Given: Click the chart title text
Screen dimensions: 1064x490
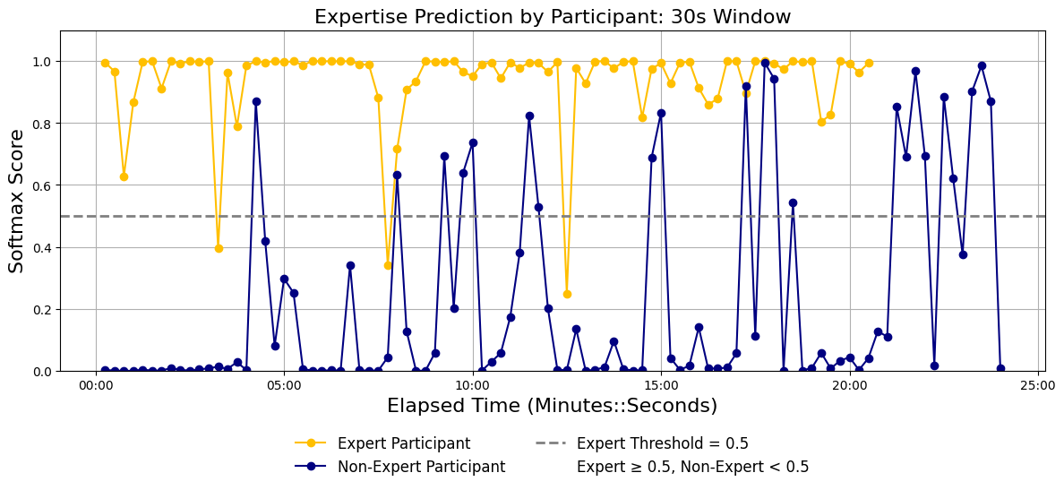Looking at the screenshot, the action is pyautogui.click(x=552, y=16).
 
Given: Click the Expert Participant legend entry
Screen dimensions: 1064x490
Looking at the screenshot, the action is pyautogui.click(x=382, y=443).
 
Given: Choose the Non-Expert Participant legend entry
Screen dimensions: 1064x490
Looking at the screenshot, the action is pyautogui.click(x=399, y=466).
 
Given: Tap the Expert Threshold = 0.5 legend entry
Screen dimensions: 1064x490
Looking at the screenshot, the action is pyautogui.click(x=641, y=443).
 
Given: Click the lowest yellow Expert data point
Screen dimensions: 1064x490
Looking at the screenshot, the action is pyautogui.click(x=567, y=294).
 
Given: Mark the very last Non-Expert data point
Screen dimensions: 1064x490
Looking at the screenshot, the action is pyautogui.click(x=1000, y=368).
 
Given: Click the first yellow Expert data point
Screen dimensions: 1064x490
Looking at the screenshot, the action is pyautogui.click(x=105, y=63).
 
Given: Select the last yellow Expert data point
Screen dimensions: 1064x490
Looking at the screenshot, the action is pyautogui.click(x=869, y=63).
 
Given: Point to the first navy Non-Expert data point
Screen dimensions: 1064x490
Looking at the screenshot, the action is pyautogui.click(x=105, y=371).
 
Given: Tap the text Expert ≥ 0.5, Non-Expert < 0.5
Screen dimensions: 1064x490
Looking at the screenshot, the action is pyautogui.click(x=693, y=466).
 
